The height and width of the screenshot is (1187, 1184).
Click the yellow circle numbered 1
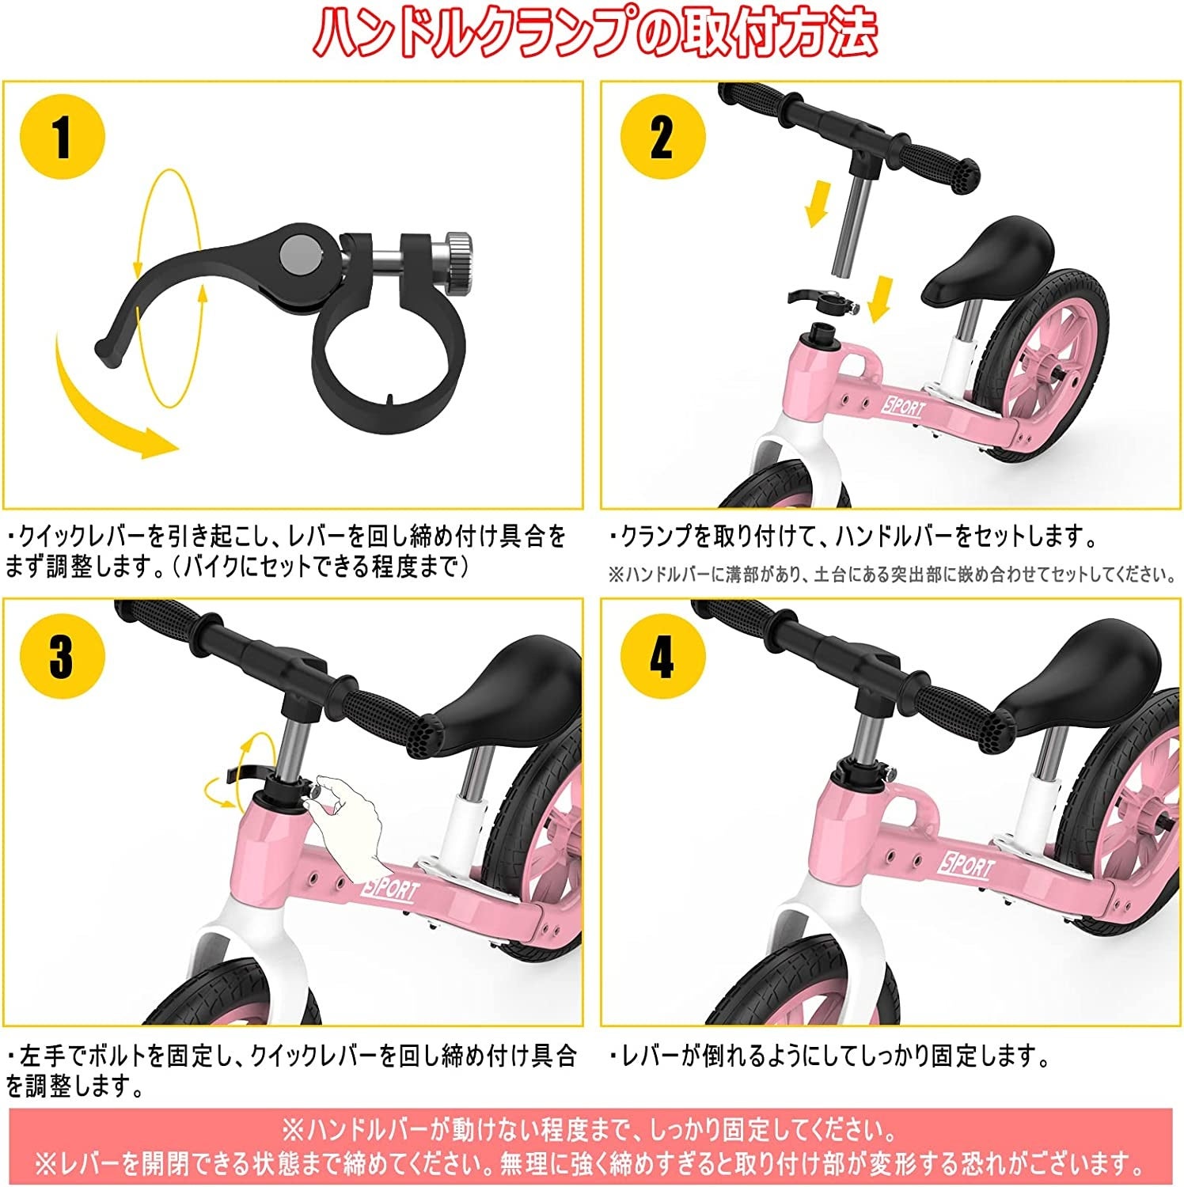(x=63, y=136)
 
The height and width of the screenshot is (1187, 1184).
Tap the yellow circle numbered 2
(x=662, y=136)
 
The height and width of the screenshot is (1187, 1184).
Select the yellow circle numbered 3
(x=63, y=654)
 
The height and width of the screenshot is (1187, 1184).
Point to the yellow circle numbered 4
(x=662, y=654)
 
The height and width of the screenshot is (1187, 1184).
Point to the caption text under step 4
(x=828, y=1055)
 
